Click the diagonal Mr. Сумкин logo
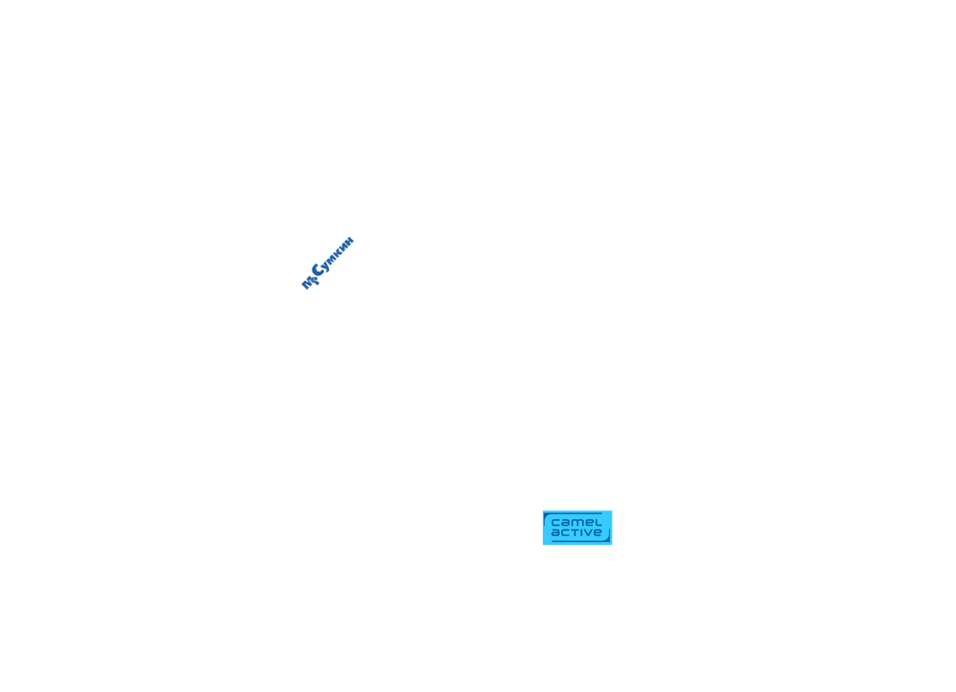pyautogui.click(x=328, y=263)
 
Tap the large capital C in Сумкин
pyautogui.click(x=318, y=270)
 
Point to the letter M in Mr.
pyautogui.click(x=307, y=284)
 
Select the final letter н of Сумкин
pyautogui.click(x=349, y=240)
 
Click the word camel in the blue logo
pyautogui.click(x=576, y=522)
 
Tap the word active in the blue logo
pyautogui.click(x=576, y=532)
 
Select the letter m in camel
pyautogui.click(x=576, y=523)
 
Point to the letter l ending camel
pyautogui.click(x=598, y=522)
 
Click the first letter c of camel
pyautogui.click(x=555, y=523)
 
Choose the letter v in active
pyautogui.click(x=588, y=533)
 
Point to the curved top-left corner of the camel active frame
pyautogui.click(x=546, y=516)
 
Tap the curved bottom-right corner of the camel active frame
pyautogui.click(x=607, y=538)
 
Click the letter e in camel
pyautogui.click(x=590, y=523)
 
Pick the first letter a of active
pyautogui.click(x=555, y=533)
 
